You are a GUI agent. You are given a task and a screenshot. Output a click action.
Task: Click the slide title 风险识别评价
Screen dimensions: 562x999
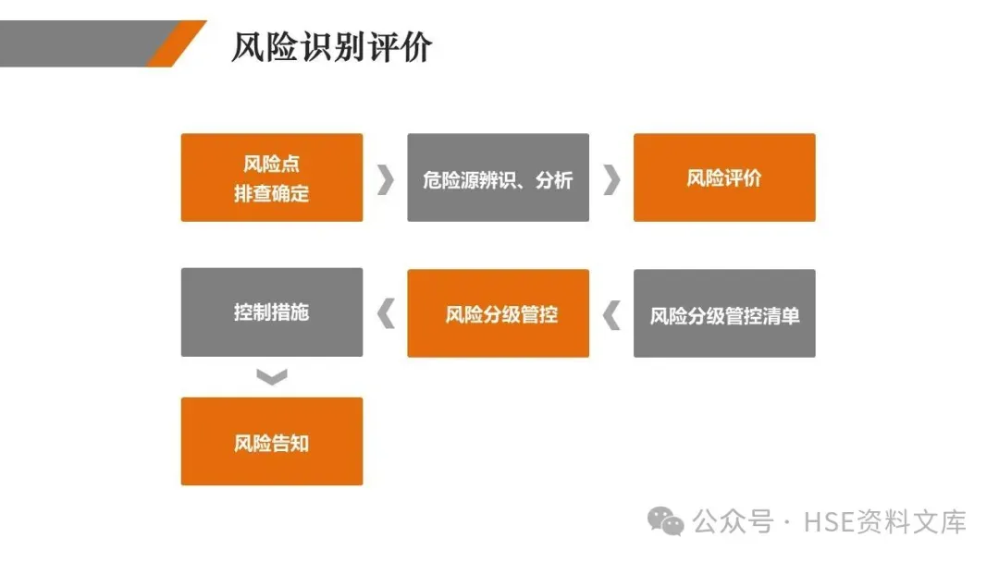click(331, 47)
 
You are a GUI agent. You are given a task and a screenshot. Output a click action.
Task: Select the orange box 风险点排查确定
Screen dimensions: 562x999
click(271, 177)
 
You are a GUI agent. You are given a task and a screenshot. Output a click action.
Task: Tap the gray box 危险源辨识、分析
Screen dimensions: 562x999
click(498, 177)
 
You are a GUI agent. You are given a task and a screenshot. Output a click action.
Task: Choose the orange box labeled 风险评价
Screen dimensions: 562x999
click(723, 177)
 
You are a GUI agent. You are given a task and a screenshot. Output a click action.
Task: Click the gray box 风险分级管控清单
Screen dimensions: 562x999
click(723, 313)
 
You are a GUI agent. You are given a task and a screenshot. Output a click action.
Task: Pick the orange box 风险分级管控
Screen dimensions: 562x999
click(498, 313)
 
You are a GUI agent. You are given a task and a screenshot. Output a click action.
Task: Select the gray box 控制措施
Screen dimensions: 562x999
click(271, 312)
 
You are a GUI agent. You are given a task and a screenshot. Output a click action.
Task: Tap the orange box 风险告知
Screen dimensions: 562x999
click(271, 442)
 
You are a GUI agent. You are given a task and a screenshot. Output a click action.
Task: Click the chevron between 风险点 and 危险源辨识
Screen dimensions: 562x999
click(385, 179)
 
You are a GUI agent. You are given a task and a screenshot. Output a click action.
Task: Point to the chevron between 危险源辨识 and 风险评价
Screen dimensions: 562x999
click(610, 179)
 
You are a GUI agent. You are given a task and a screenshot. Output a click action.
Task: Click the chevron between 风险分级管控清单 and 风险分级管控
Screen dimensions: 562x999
click(611, 315)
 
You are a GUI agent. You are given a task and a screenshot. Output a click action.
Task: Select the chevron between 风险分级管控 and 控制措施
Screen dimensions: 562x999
click(386, 314)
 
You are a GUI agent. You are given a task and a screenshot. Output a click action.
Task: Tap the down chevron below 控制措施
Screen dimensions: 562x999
click(272, 376)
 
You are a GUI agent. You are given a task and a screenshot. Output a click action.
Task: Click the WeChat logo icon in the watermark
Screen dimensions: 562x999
click(666, 521)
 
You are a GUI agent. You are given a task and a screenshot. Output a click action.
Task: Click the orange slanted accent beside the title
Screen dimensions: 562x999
click(176, 43)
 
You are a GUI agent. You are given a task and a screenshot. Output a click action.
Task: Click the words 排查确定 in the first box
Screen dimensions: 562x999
click(271, 194)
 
